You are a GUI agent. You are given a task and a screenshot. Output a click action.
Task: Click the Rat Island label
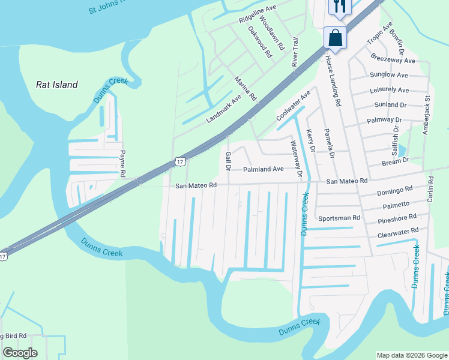pos(57,85)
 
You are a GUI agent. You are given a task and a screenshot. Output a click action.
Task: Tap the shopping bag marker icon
pos(336,38)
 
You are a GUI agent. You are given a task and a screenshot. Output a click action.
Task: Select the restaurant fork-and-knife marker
pos(340,6)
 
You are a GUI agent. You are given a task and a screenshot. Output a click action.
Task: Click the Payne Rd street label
pos(122,163)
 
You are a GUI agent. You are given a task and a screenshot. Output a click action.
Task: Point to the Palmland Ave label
pos(263,169)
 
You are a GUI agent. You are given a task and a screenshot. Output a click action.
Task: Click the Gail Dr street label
pos(228,161)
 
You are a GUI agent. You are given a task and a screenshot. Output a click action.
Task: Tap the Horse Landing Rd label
pos(333,81)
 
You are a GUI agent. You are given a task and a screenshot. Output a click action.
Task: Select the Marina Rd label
pos(246,88)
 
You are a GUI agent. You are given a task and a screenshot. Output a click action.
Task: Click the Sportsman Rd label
pos(339,218)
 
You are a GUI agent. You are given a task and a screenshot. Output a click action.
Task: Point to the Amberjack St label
pos(427,115)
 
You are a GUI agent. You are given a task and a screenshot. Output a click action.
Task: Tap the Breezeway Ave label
pos(393,61)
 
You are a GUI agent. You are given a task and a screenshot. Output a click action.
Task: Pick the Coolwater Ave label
pos(293,106)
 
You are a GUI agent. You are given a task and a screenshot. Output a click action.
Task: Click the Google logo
pos(20,353)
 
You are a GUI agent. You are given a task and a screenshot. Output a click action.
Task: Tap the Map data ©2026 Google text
pos(411,355)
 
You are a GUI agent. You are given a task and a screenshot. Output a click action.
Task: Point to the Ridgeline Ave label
pos(258,14)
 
